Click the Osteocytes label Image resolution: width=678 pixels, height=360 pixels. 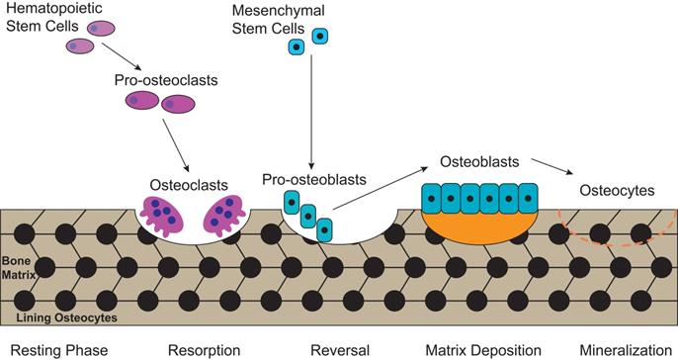(615, 191)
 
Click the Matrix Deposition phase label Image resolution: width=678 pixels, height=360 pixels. (483, 349)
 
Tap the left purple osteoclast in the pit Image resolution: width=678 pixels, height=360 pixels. (160, 216)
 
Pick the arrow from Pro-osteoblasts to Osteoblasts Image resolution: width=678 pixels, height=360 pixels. (376, 189)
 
